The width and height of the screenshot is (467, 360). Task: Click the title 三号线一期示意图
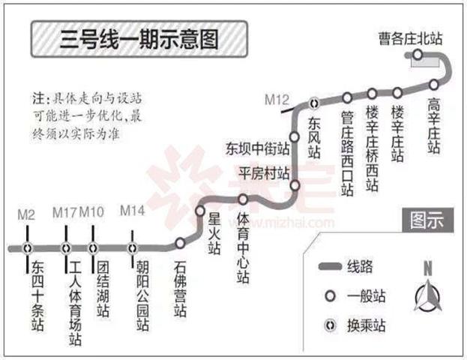(139, 39)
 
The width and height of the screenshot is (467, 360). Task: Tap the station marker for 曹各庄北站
(418, 55)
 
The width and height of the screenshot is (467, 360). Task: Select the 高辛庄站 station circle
(433, 85)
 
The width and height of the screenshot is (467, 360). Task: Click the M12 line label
(277, 100)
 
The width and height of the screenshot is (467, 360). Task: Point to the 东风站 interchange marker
(314, 103)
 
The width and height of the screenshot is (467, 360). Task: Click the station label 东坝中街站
(257, 148)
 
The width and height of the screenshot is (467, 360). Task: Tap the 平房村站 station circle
(295, 185)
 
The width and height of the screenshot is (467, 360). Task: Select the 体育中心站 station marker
(243, 199)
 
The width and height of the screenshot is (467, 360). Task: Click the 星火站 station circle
(200, 211)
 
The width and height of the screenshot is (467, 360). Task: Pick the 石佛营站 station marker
(180, 243)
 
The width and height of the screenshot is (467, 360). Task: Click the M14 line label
(132, 211)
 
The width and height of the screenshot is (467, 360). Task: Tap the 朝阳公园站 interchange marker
(133, 248)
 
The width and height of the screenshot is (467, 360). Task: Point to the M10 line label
(91, 212)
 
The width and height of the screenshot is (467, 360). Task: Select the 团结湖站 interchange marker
(93, 248)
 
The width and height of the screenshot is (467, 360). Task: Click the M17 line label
(65, 212)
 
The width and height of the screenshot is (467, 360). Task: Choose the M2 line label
(26, 214)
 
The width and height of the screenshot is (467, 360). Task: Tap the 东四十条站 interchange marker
(28, 248)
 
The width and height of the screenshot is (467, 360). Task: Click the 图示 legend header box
(428, 220)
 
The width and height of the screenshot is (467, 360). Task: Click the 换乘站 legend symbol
(331, 325)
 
